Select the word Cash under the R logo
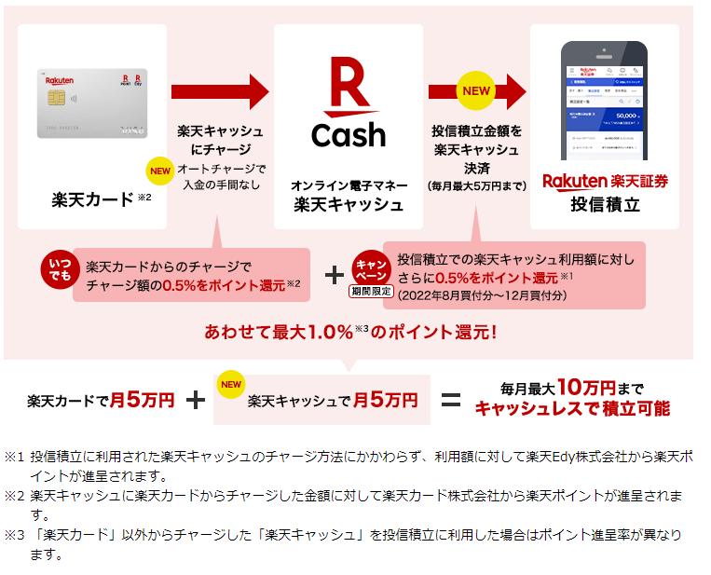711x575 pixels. point(349,135)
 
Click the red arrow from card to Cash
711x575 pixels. point(219,91)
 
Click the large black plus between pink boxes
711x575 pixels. point(335,276)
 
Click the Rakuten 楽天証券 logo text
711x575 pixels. point(605,181)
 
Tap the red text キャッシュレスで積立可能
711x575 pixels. point(572,408)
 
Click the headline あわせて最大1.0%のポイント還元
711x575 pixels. point(350,331)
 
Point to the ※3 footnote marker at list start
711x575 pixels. point(13,535)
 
